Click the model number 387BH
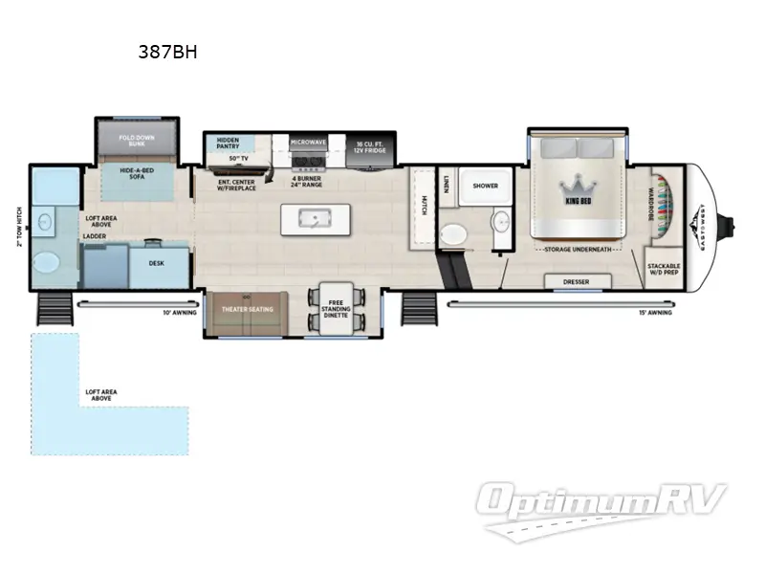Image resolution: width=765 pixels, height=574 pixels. coord(168,53)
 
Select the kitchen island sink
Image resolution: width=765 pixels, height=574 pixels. coord(313,218)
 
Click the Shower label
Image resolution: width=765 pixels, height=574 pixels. coord(485,186)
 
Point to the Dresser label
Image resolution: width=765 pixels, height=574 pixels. coord(577,281)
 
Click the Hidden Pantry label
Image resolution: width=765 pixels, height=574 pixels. coord(228,143)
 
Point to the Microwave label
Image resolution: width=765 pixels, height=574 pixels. coord(309,143)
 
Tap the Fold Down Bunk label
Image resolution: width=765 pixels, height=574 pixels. coord(137,142)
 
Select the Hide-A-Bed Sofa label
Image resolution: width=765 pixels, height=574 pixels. coord(137,174)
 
